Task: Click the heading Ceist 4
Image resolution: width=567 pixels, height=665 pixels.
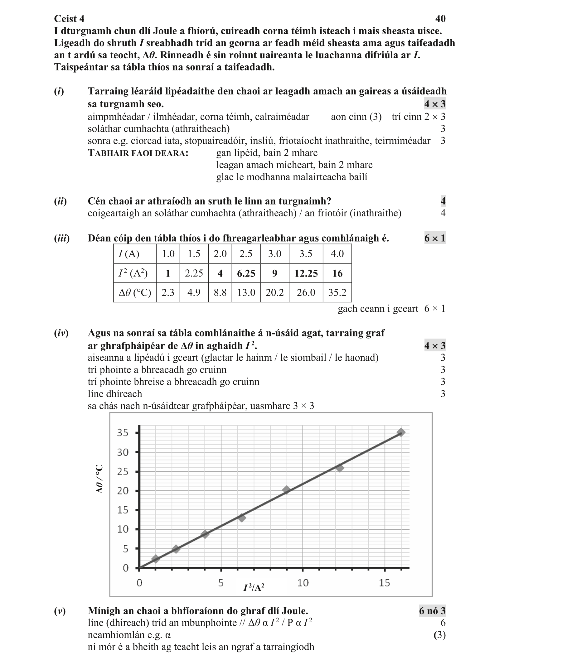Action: point(69,19)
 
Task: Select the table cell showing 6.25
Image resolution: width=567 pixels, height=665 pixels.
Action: point(246,273)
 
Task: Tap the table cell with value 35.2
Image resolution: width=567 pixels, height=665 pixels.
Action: point(337,292)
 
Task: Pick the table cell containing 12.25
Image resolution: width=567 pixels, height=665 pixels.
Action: point(306,273)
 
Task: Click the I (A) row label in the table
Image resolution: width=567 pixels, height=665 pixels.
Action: point(129,254)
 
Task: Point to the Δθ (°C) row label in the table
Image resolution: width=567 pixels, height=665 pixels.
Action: point(135,292)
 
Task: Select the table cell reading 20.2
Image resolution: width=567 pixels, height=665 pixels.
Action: point(274,292)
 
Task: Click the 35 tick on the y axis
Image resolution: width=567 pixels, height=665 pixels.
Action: point(123,433)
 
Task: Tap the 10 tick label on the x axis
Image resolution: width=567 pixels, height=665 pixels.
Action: point(303,583)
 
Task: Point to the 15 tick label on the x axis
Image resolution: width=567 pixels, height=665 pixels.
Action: point(384,583)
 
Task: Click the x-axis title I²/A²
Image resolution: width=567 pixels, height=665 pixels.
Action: point(254,587)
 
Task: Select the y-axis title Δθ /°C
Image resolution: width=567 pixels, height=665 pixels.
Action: point(100,479)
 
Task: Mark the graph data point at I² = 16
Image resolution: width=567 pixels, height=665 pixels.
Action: point(401,432)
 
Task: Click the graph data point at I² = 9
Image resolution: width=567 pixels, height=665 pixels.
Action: point(286,490)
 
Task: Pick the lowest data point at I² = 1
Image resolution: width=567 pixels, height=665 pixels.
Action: point(156,559)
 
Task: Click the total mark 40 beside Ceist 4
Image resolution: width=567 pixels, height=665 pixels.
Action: point(440,19)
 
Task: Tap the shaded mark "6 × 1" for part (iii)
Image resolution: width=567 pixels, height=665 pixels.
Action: point(435,238)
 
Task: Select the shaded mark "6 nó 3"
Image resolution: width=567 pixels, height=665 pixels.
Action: point(432,610)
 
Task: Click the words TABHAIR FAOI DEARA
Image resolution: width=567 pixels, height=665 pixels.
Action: point(138,153)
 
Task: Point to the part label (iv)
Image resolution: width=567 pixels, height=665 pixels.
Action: point(61,333)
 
